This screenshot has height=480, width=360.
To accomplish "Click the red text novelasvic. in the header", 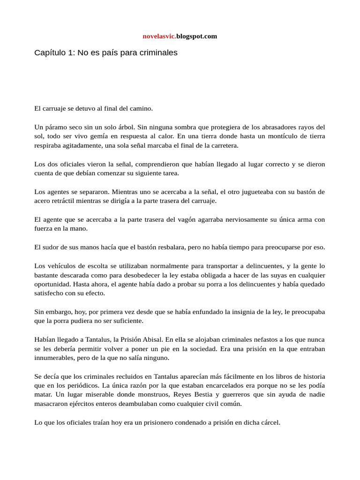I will (x=159, y=36).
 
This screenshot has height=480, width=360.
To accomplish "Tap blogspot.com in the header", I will (x=196, y=36).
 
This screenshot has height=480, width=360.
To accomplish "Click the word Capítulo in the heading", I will (x=50, y=53).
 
